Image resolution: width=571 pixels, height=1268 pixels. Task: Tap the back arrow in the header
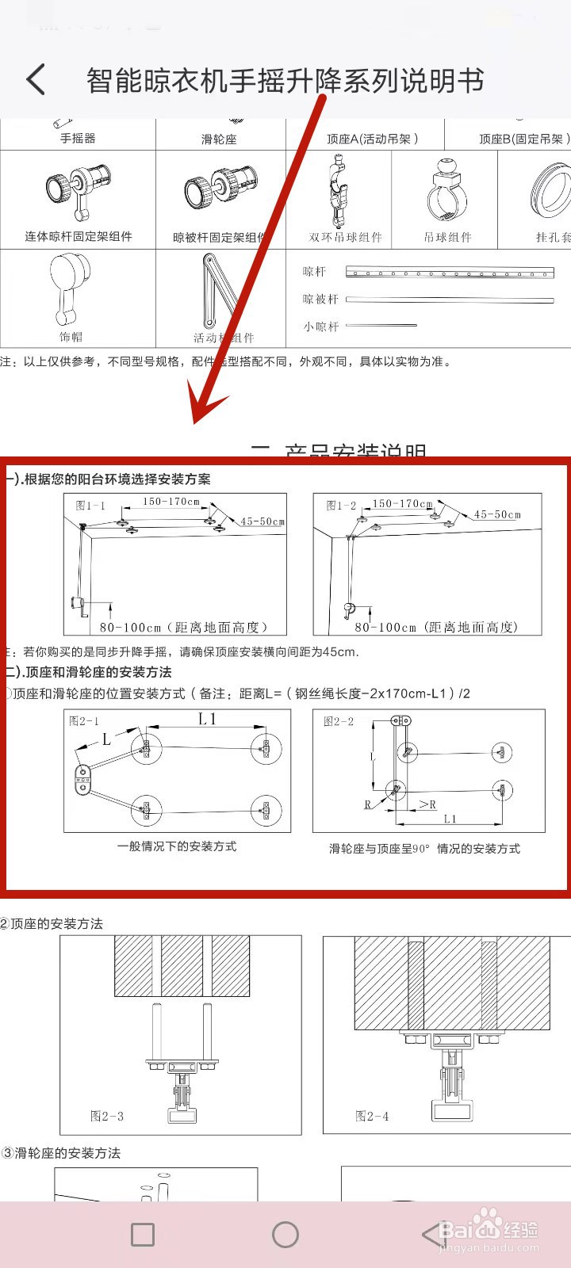(36, 80)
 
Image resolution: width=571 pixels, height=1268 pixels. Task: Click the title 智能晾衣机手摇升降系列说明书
(285, 81)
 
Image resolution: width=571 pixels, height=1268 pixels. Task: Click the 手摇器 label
(78, 138)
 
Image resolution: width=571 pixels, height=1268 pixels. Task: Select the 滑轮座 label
(219, 139)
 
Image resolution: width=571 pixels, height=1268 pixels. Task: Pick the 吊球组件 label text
(447, 237)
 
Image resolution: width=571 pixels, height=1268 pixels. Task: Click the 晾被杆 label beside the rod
(320, 299)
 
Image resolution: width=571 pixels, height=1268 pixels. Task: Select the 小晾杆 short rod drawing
(381, 325)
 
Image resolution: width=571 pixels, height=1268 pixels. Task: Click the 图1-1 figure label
(90, 505)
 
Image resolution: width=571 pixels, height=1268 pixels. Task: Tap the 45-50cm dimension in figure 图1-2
(497, 514)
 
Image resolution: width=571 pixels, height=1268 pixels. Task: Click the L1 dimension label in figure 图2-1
(207, 719)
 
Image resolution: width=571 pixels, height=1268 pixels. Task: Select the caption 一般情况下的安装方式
(177, 846)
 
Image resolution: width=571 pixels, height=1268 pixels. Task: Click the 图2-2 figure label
(339, 721)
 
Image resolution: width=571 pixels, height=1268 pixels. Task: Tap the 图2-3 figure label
(107, 1116)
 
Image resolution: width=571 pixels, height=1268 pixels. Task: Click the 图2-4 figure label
(372, 1116)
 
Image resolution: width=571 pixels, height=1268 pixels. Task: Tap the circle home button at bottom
(285, 1234)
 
